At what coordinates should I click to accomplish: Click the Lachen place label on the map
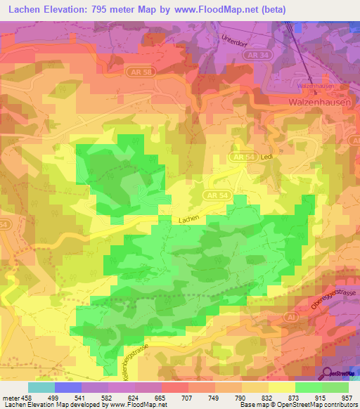click(x=188, y=219)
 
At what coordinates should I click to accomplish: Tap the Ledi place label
click(x=266, y=157)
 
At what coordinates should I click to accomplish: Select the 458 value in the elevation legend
click(x=25, y=397)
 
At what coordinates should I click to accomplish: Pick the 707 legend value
click(x=188, y=397)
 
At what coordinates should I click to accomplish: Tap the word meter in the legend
click(x=10, y=397)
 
